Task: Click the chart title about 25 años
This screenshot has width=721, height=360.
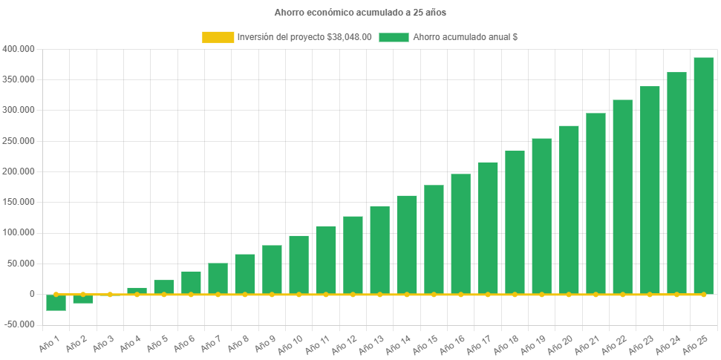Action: (x=360, y=13)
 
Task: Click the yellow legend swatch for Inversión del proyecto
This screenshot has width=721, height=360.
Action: (x=218, y=37)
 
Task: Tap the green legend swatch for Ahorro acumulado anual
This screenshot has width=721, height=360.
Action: (x=394, y=37)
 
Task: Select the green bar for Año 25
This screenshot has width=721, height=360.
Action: (x=703, y=175)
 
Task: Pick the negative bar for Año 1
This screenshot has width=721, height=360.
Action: (x=56, y=303)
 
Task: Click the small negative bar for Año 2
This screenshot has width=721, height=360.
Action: (x=82, y=299)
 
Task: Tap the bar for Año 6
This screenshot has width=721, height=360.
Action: (x=191, y=282)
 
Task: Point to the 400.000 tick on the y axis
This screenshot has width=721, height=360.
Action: (x=18, y=49)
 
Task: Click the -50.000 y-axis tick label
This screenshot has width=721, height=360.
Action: (x=18, y=324)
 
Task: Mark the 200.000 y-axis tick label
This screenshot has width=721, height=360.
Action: (x=18, y=171)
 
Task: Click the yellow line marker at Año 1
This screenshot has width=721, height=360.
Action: (x=56, y=294)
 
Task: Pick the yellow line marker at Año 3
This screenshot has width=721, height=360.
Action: (x=110, y=294)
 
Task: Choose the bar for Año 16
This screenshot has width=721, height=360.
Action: (x=460, y=234)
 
